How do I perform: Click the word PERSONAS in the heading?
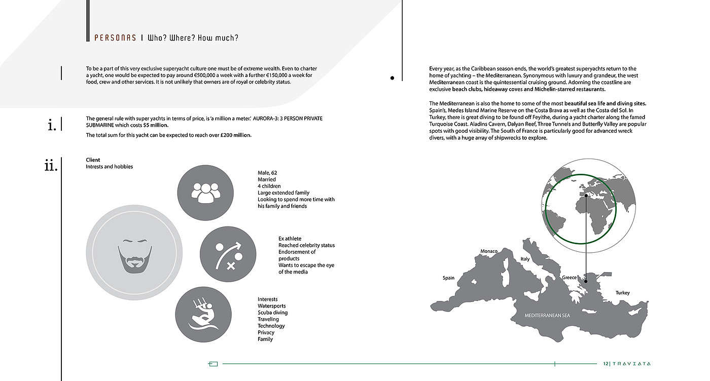coord(115,38)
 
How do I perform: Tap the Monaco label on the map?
coord(489,251)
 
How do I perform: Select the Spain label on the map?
coord(448,278)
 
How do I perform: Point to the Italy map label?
coord(525,259)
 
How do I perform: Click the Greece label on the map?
coord(569,278)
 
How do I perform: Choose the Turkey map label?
coord(622,293)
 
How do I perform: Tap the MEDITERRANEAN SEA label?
coord(547,316)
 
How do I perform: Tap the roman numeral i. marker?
coord(52,125)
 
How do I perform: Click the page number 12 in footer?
coord(606,364)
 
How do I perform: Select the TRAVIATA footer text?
coord(632,364)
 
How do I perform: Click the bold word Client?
coord(93,160)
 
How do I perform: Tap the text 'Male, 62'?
coord(267,173)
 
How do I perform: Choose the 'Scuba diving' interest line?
coord(272,313)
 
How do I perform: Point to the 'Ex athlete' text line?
coord(290,239)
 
